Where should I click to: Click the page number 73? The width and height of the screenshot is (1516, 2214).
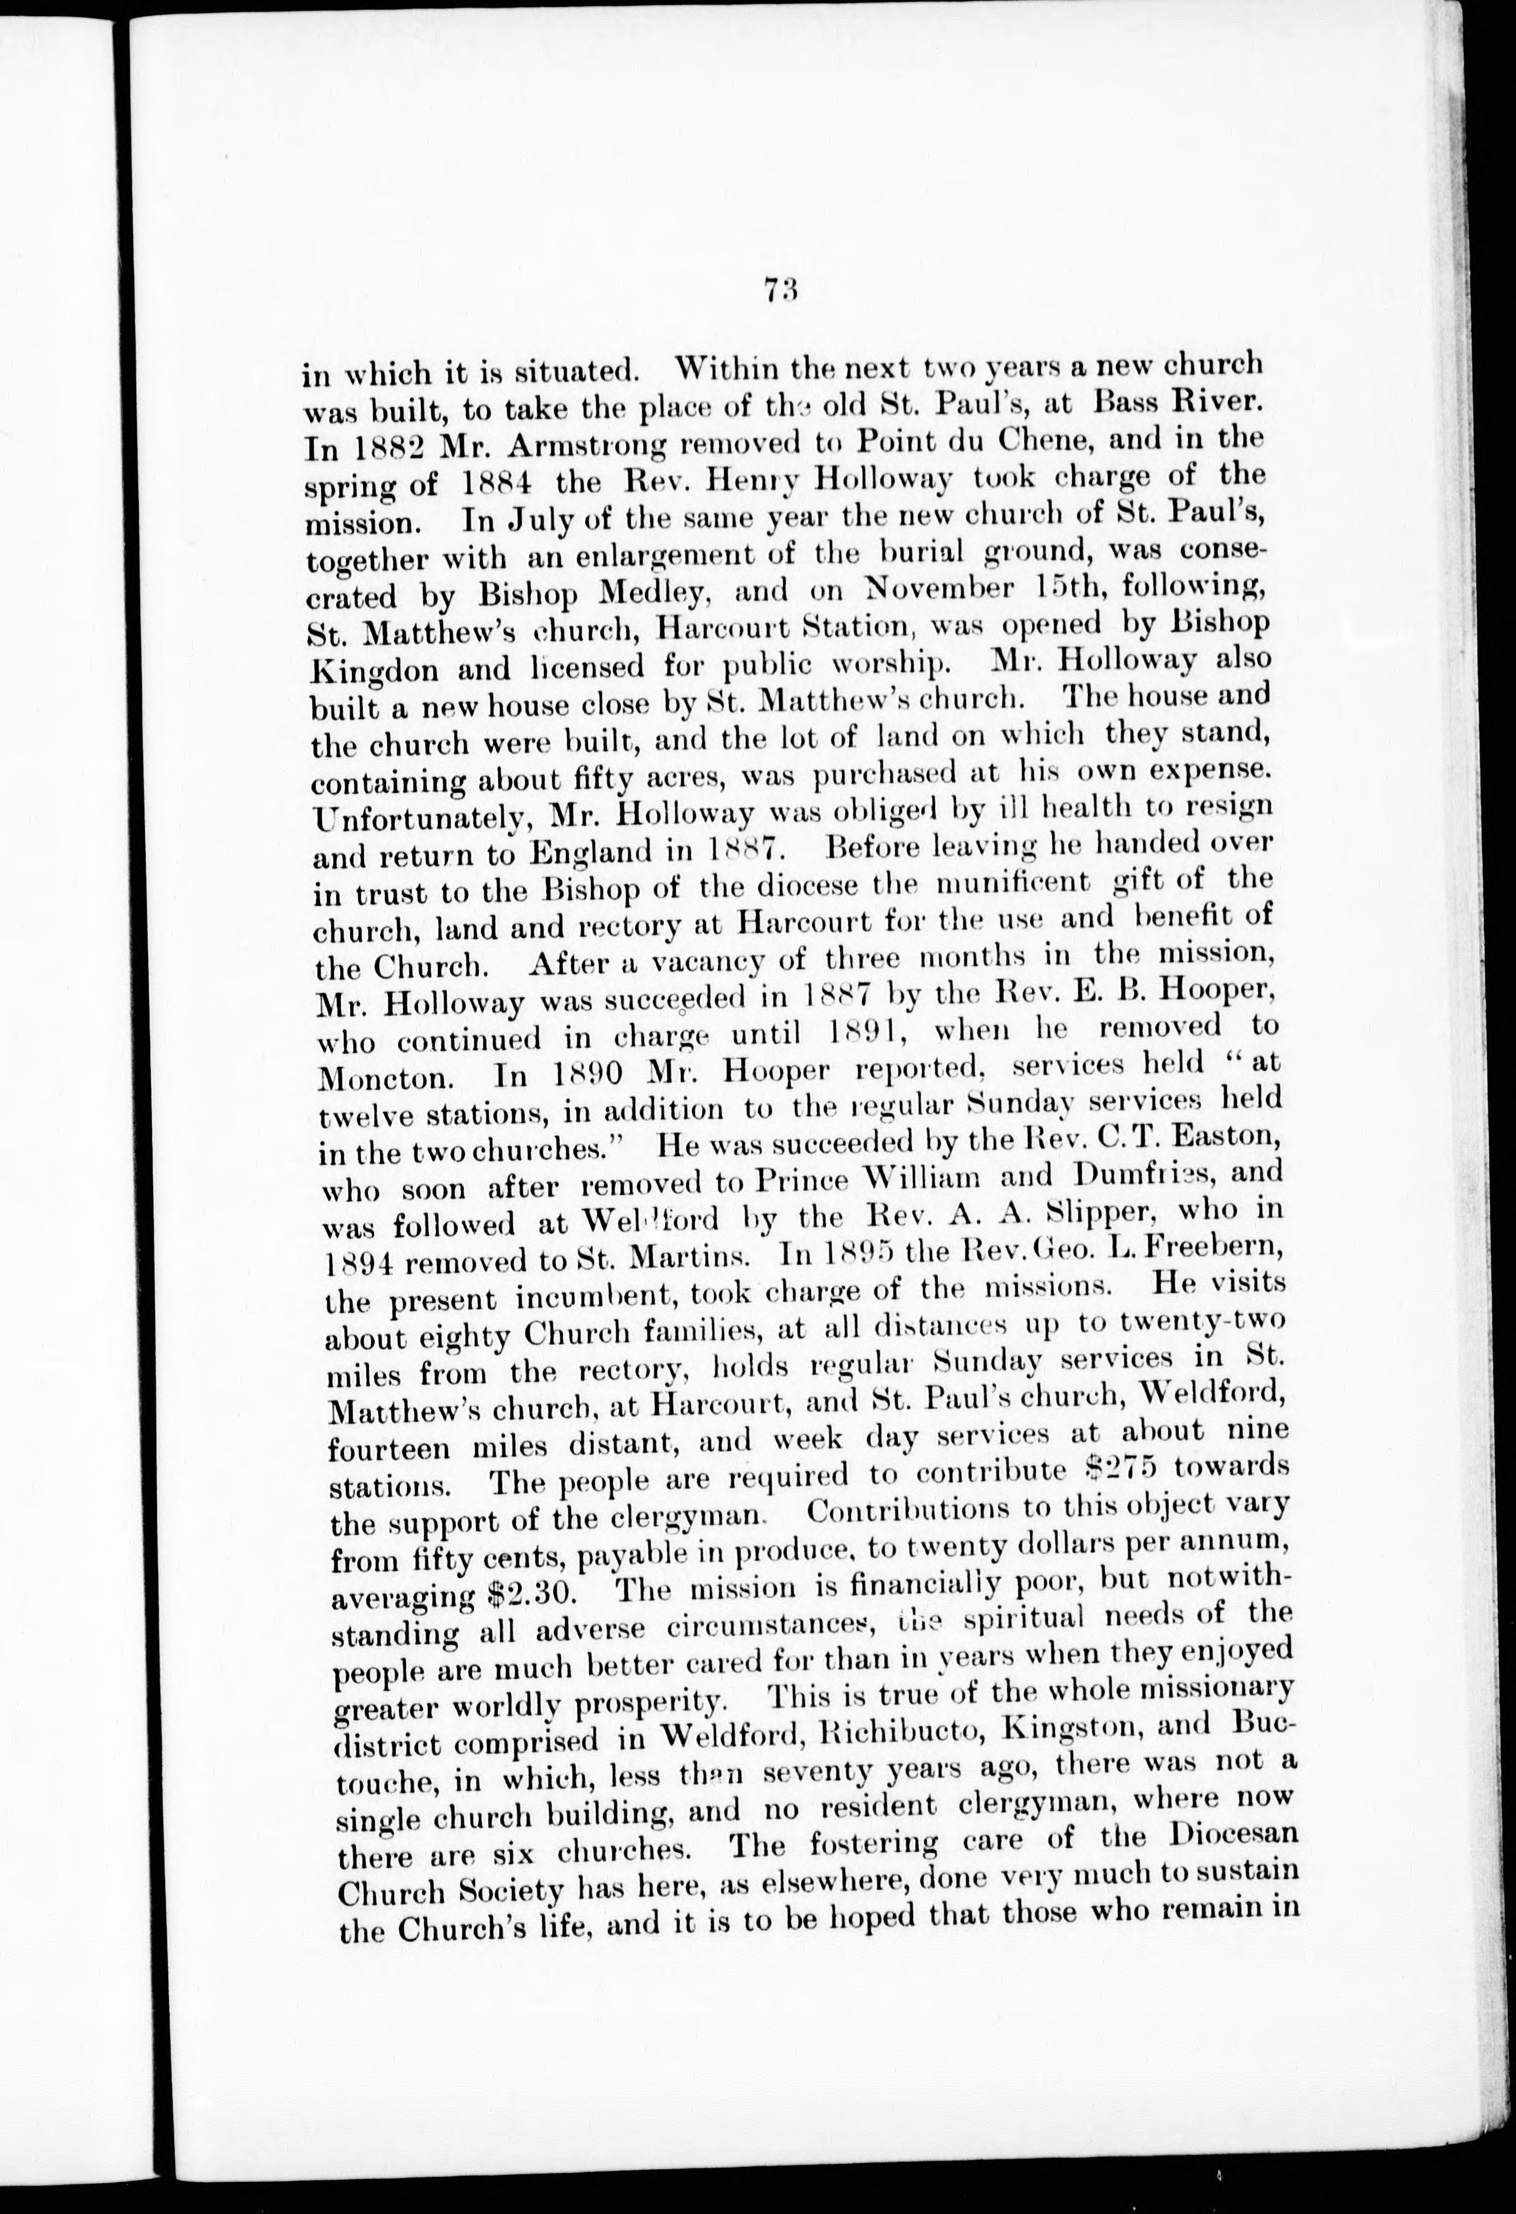[779, 289]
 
